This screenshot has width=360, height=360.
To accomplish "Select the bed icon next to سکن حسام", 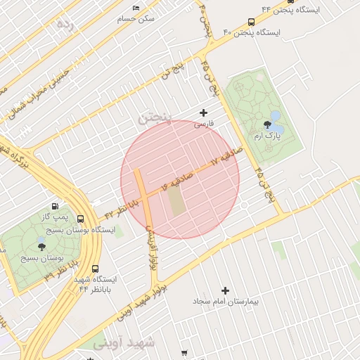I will (x=136, y=8).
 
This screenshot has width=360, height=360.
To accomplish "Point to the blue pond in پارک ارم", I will (x=276, y=115).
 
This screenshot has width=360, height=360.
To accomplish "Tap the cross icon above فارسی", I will (x=204, y=112).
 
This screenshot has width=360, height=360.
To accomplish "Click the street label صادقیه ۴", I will (x=179, y=181).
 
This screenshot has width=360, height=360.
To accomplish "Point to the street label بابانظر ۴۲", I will (x=120, y=210).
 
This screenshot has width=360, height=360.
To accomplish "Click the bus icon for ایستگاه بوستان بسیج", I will (x=81, y=219).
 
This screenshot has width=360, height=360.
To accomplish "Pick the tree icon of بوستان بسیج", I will (x=41, y=243).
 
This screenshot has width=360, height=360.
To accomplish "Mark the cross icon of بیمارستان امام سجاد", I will (x=225, y=290).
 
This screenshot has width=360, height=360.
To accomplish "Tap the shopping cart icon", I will (x=184, y=353).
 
